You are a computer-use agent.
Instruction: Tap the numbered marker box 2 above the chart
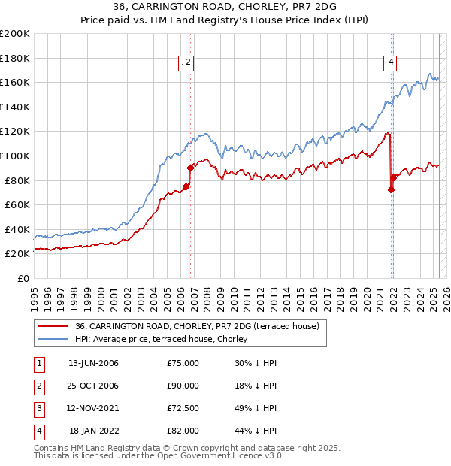point(188,63)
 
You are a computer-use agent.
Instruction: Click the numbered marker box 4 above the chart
point(392,63)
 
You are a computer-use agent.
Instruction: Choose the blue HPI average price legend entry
point(166,339)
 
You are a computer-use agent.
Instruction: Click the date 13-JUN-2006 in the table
point(93,363)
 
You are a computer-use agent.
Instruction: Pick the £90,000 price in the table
point(183,386)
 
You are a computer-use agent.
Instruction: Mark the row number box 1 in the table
point(38,363)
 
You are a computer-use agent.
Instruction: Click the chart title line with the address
point(225,7)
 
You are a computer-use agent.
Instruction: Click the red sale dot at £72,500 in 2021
point(391,189)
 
